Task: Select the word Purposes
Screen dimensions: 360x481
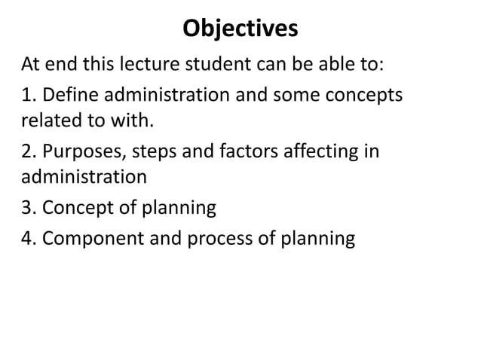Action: click(84, 153)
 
